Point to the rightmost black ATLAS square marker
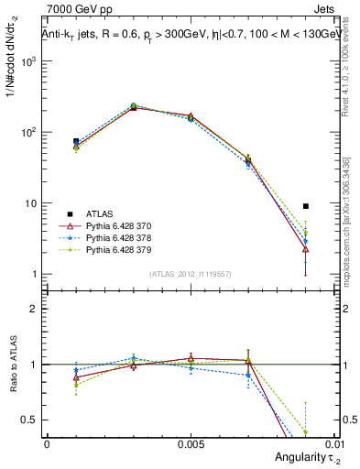[x=306, y=206]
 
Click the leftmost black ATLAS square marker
[x=76, y=141]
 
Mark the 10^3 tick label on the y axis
[x=27, y=61]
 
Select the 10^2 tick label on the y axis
[x=27, y=132]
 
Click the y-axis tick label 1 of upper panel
[x=35, y=274]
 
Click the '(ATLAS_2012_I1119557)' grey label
[x=191, y=274]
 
